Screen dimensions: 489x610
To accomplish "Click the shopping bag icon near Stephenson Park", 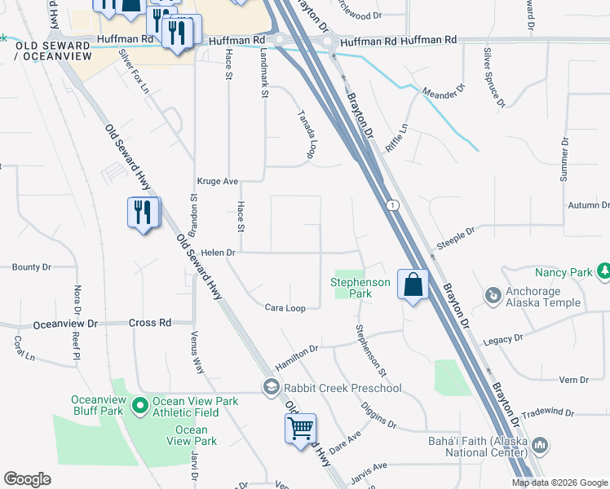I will [413, 285].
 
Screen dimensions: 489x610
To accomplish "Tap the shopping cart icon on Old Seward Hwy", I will [301, 427].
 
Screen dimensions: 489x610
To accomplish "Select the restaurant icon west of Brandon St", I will [144, 214].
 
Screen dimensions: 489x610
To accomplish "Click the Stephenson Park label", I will [360, 287].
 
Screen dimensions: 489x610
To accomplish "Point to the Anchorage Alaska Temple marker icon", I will [492, 293].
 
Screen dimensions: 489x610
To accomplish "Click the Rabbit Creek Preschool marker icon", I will [270, 387].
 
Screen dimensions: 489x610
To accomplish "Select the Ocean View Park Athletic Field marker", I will [139, 403].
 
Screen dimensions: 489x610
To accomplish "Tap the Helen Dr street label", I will [219, 253].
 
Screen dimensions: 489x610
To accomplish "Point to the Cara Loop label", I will [285, 308].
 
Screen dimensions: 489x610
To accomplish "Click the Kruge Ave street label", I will [217, 182].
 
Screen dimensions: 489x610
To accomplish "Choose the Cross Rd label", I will [149, 323].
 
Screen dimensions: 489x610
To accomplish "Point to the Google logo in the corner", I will [27, 479].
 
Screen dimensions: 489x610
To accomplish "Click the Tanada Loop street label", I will [307, 134].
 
